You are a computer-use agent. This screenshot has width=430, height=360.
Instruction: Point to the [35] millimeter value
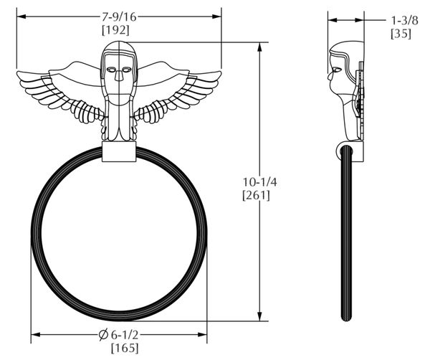coord(401,33)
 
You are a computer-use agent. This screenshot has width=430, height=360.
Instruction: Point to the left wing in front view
coord(61,90)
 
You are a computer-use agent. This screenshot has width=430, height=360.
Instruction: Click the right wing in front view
coord(179,90)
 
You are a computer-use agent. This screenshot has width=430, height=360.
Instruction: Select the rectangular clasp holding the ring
coord(118,152)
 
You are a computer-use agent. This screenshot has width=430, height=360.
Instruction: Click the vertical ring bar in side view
coord(348,237)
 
